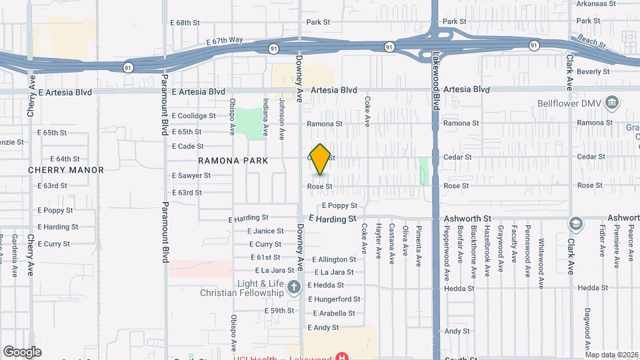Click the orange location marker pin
point(321,159)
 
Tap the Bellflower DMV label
point(571,103)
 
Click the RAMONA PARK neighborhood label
point(233,161)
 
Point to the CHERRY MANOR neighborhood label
point(66,170)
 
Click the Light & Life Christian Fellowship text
point(243,287)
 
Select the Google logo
point(22,351)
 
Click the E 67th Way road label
point(225,41)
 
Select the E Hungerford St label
point(334,299)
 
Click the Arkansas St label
point(595,3)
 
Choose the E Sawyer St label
point(191,175)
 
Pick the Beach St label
point(591,42)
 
